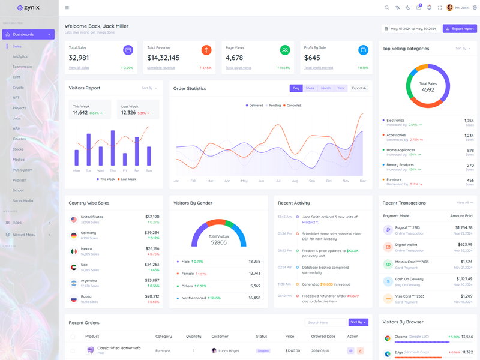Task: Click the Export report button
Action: click(460, 29)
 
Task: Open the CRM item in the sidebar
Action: click(17, 77)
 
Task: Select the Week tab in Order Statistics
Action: click(310, 88)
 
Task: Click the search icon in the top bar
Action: click(386, 8)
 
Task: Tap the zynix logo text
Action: click(32, 8)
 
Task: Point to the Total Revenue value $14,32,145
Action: click(163, 58)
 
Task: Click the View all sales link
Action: click(79, 68)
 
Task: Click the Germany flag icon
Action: click(74, 235)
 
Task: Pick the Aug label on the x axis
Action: click(295, 181)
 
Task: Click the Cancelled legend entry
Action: click(293, 106)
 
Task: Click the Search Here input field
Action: click(325, 322)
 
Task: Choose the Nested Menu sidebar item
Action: click(24, 235)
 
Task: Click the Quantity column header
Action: click(194, 337)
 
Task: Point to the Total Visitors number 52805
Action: click(219, 243)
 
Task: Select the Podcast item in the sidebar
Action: click(19, 181)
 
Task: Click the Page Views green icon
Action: click(285, 50)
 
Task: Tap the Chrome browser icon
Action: click(388, 338)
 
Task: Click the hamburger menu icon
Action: click(67, 8)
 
